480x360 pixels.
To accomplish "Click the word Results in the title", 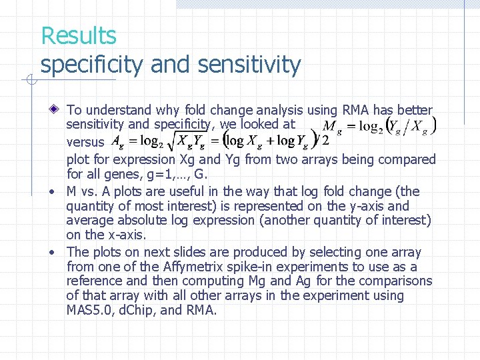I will tap(78, 35).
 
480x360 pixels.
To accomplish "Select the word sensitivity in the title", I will tap(251, 65).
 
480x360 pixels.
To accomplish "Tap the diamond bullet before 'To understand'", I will tap(57, 109).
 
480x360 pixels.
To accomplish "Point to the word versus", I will tap(85, 142).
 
